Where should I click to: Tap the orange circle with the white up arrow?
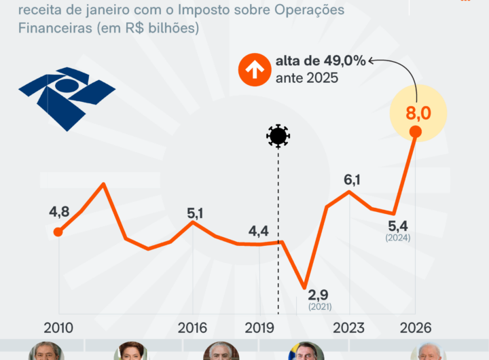point(254,70)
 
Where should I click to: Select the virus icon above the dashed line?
point(278,137)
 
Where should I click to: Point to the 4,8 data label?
point(59,211)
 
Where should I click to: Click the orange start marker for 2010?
point(58,232)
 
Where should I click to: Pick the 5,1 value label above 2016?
point(196,213)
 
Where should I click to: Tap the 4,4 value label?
point(259,230)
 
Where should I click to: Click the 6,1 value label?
point(352,180)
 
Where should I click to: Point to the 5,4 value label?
point(398,225)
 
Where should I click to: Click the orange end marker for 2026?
point(416,132)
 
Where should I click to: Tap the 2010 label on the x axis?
point(58,327)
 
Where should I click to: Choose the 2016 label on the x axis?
point(192,327)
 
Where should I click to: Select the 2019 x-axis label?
point(259,327)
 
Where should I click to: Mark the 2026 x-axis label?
point(415,327)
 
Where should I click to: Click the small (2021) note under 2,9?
point(320,308)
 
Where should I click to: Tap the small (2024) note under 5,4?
point(398,238)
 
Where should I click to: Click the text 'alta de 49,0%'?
point(321,61)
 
